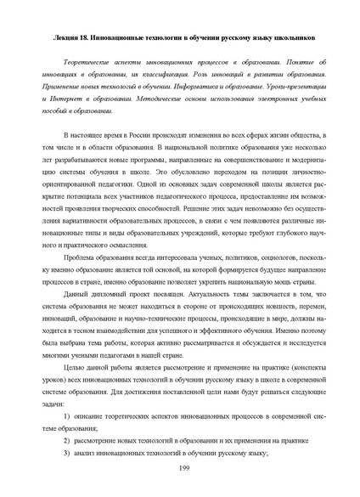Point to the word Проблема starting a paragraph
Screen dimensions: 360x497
tap(82, 254)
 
